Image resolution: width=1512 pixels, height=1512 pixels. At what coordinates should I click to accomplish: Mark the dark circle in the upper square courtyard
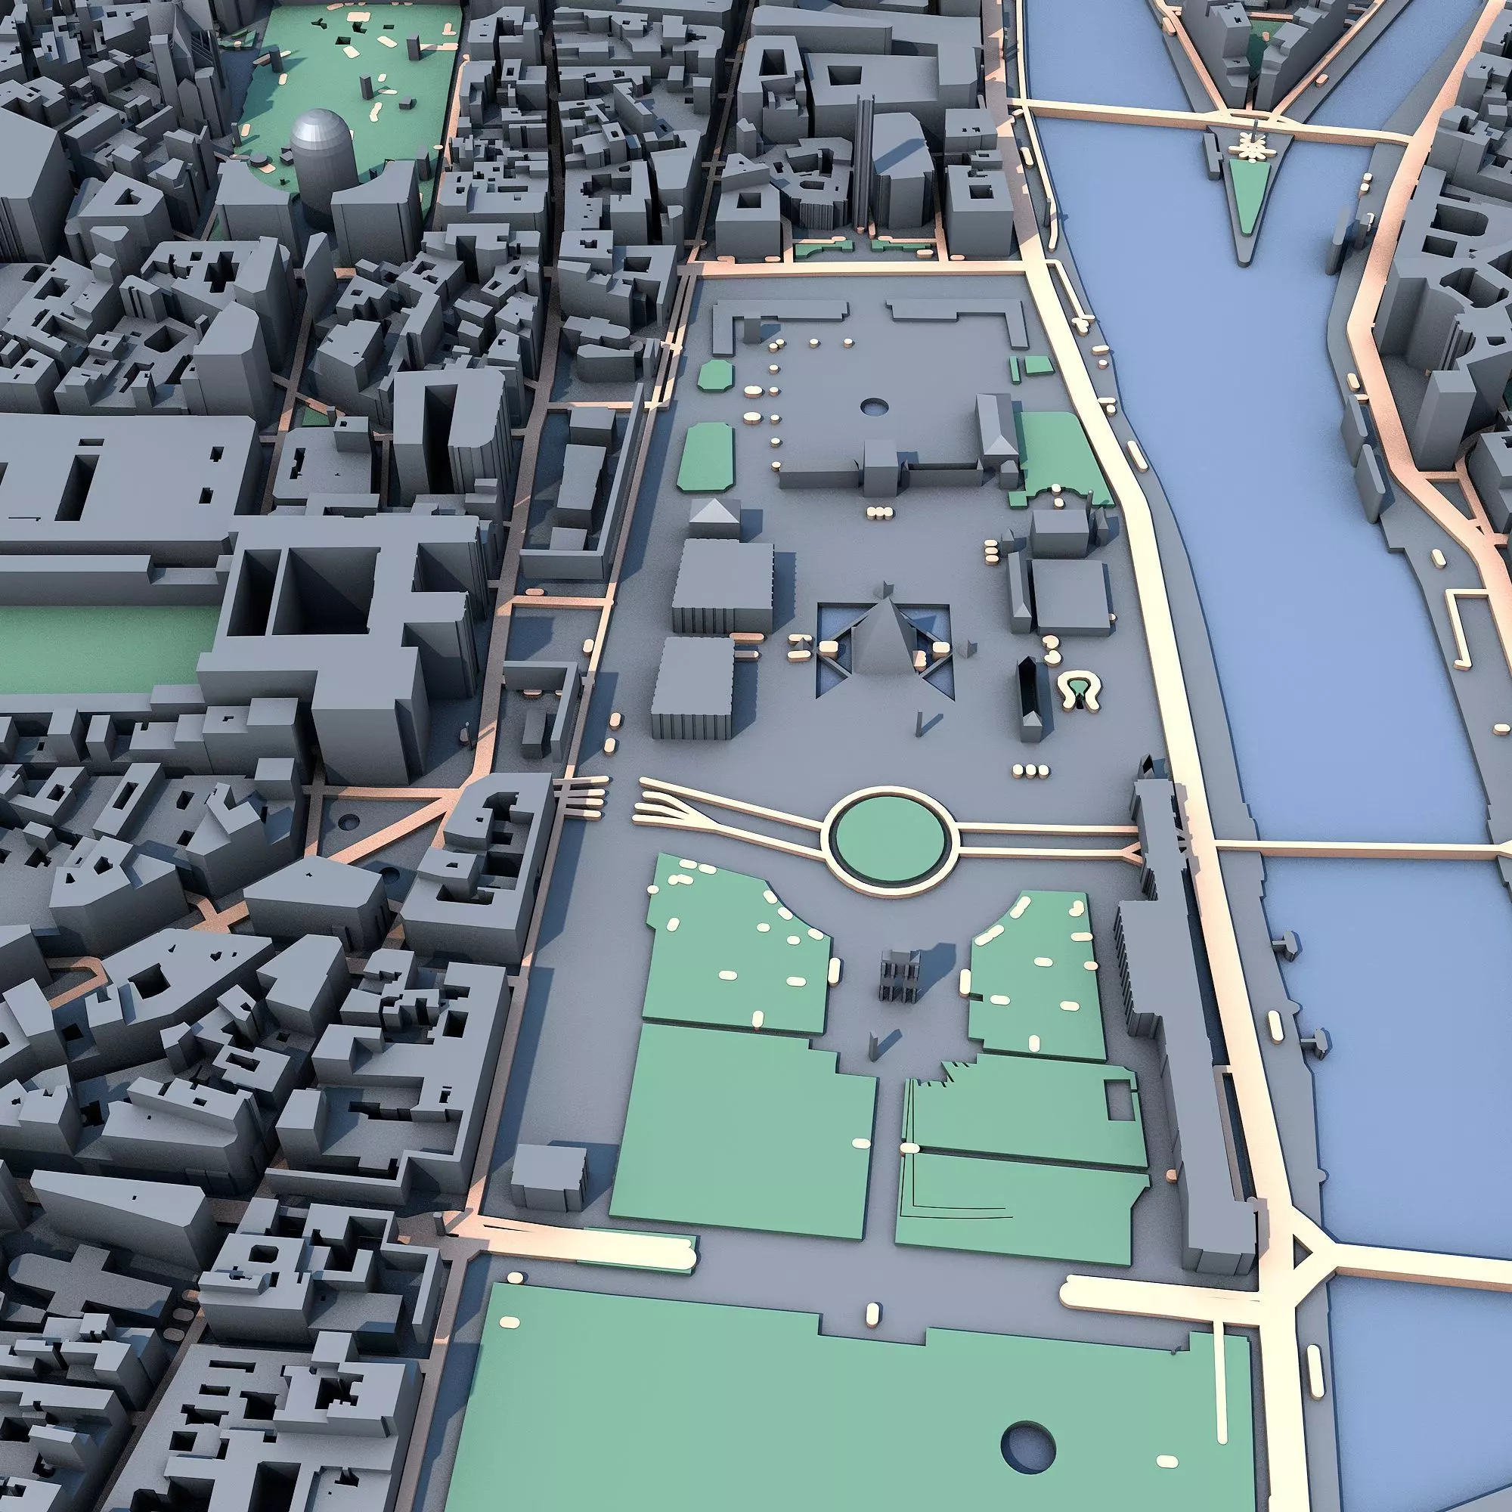point(873,406)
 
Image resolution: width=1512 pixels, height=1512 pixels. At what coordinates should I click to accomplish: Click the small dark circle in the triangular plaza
point(349,822)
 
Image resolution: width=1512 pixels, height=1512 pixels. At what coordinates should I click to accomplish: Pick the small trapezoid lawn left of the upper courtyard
point(714,376)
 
